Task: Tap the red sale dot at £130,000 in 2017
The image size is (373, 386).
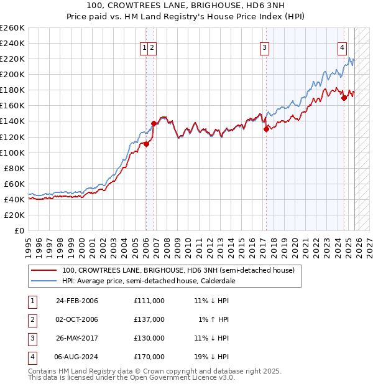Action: point(266,129)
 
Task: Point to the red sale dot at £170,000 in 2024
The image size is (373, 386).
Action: point(344,97)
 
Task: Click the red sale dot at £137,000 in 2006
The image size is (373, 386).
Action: point(154,123)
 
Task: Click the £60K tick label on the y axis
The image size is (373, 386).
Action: point(14,184)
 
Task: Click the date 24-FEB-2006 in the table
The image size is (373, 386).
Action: point(77,301)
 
